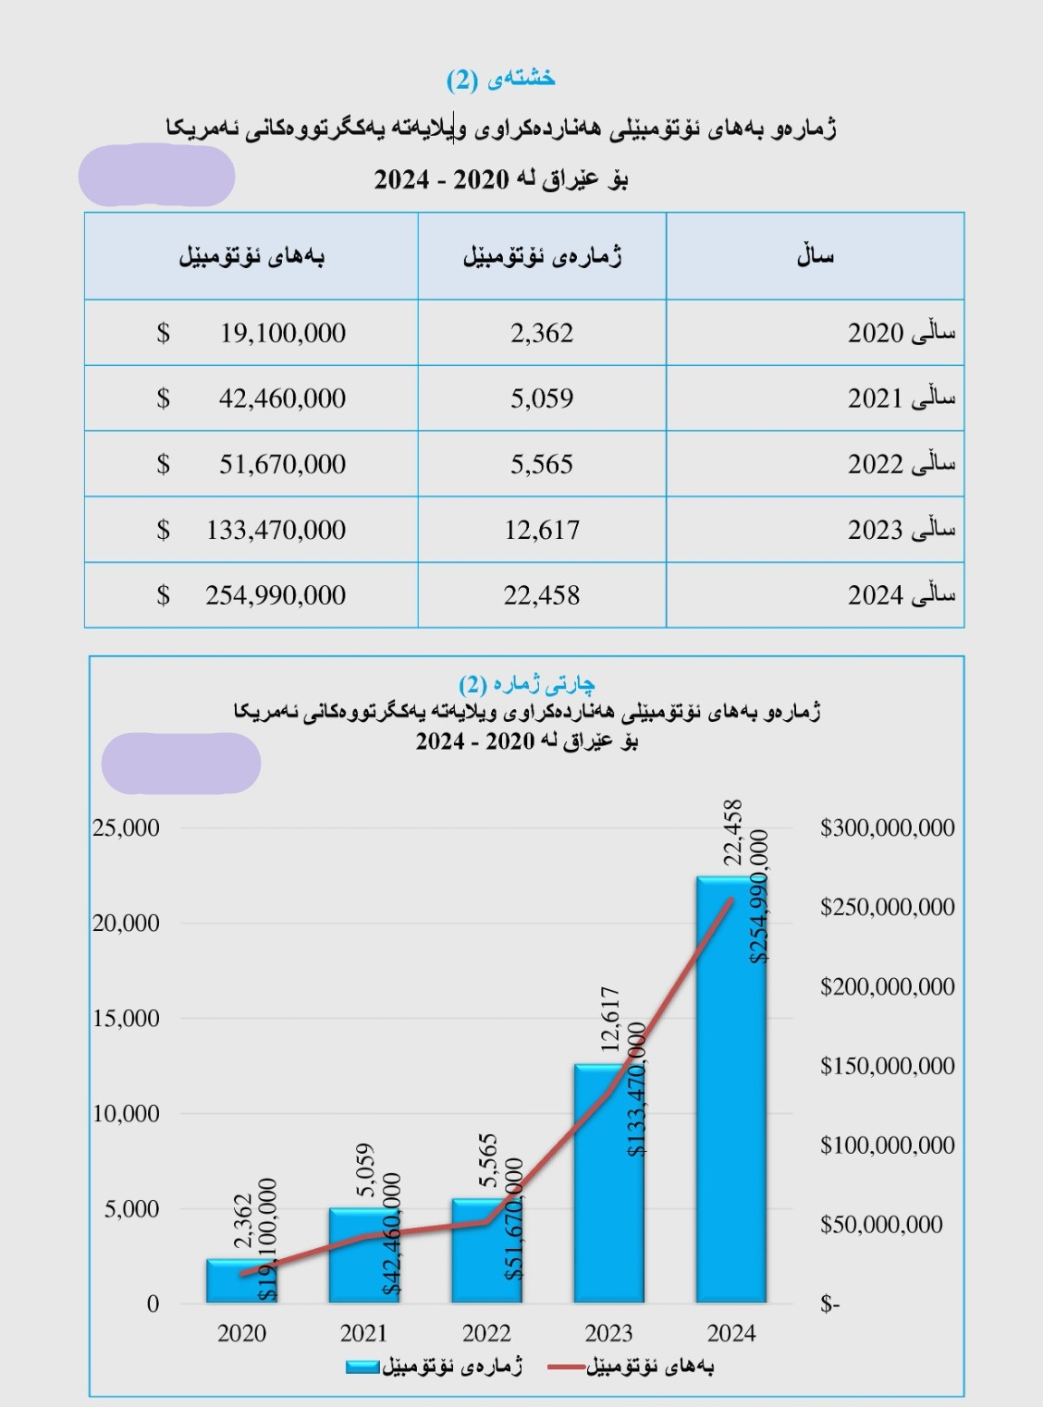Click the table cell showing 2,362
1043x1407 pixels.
[x=542, y=333]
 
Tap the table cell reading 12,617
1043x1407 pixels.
[x=542, y=530]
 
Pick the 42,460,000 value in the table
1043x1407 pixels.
[x=282, y=398]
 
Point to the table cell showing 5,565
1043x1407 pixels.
[x=542, y=464]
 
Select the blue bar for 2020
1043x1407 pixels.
[x=241, y=1280]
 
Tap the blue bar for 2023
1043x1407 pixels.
[x=609, y=1183]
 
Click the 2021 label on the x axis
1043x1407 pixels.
[x=363, y=1333]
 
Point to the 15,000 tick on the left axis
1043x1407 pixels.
[x=126, y=1018]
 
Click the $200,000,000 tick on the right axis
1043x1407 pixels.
[x=887, y=986]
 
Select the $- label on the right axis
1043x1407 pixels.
[x=829, y=1303]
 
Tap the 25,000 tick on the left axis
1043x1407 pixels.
[x=126, y=827]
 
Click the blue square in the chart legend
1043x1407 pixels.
[x=362, y=1367]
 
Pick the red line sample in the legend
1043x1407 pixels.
[x=565, y=1367]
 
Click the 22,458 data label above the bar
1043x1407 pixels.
[x=732, y=832]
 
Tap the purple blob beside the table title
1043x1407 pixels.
[x=156, y=175]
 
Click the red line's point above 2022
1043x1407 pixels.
[x=486, y=1221]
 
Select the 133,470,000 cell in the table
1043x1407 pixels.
[x=276, y=530]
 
